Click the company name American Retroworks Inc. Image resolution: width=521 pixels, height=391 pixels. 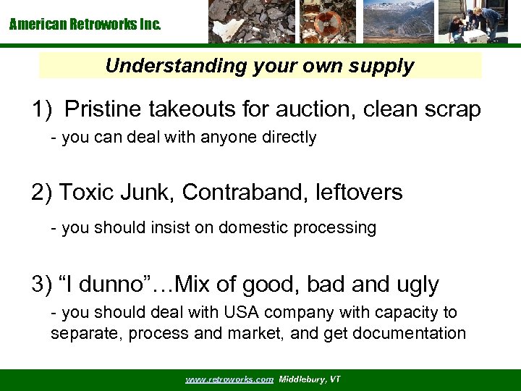click(x=85, y=25)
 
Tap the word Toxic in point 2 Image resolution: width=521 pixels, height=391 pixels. click(x=86, y=193)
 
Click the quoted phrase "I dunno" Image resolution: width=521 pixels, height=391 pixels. click(x=99, y=284)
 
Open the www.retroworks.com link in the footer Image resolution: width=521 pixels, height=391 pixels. click(x=229, y=379)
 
